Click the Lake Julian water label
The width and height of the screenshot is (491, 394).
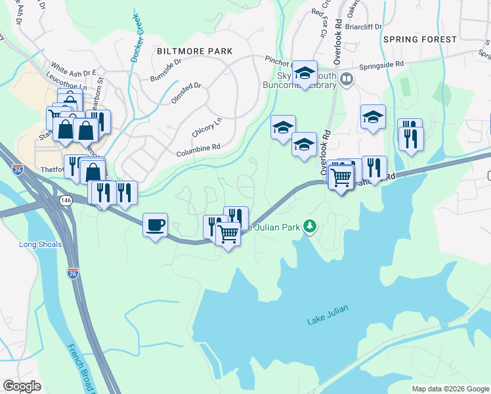[x=326, y=320]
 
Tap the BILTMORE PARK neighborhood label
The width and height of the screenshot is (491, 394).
[x=195, y=51]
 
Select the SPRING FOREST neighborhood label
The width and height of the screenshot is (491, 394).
[x=420, y=39]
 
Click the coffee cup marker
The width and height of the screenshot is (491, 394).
[x=155, y=225]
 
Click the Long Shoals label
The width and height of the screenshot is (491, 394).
[x=41, y=245]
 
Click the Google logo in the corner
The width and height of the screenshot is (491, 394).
[x=22, y=386]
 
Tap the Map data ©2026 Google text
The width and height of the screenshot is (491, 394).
[x=450, y=389]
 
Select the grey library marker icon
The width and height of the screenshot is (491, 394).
[x=347, y=79]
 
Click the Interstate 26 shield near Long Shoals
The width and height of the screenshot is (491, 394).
[x=72, y=272]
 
